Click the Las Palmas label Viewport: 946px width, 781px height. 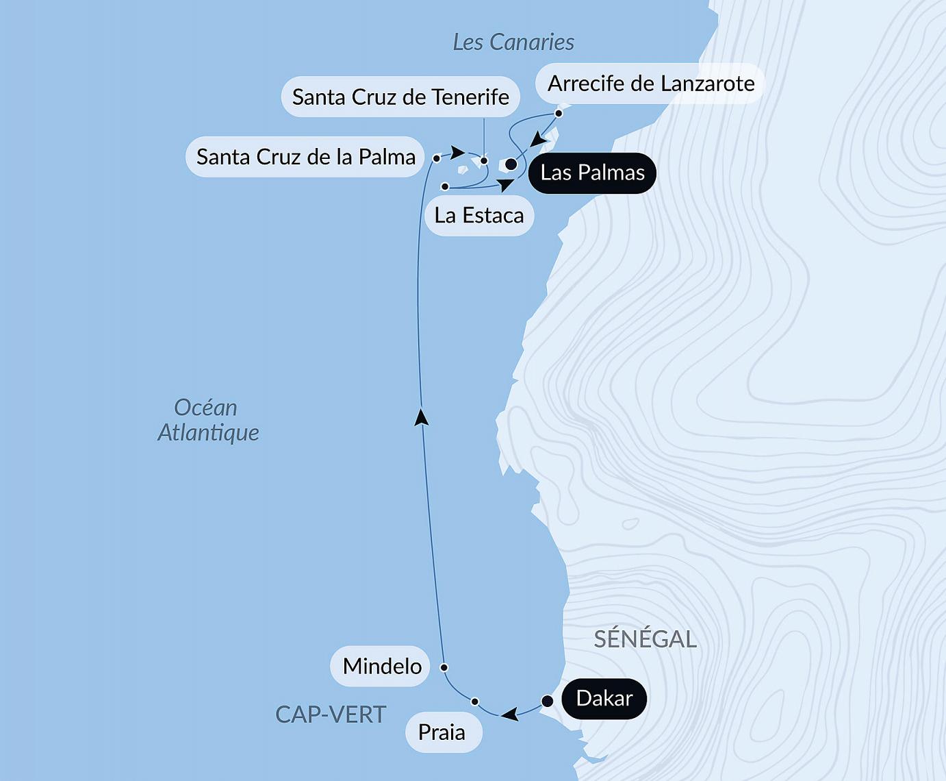pos(592,173)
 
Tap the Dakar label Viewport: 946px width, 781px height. pos(604,698)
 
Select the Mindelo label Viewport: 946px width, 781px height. pos(381,666)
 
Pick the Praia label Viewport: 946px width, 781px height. pos(442,732)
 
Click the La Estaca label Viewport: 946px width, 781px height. pos(479,216)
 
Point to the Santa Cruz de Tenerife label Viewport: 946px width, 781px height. pos(400,97)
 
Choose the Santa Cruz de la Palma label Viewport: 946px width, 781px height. pos(305,157)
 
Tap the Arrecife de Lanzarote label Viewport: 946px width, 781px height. pos(650,84)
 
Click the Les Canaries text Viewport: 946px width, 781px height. pos(513,42)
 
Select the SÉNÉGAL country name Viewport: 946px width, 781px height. pos(645,639)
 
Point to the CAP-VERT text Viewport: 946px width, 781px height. pos(331,715)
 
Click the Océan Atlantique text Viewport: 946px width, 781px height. pos(208,420)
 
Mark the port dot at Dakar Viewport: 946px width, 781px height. pos(548,701)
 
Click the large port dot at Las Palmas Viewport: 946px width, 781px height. pos(511,164)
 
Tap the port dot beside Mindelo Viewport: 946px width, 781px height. pos(444,667)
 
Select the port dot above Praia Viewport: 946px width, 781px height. pos(475,702)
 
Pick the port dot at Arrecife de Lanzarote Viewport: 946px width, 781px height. pos(559,113)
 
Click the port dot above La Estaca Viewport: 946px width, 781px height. pos(445,186)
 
